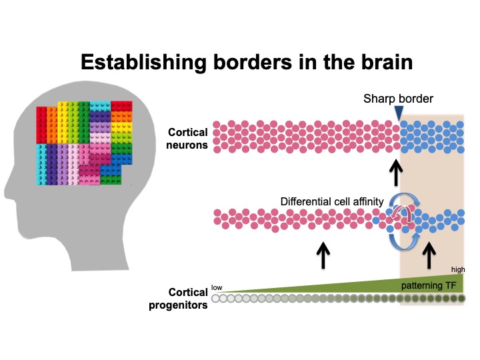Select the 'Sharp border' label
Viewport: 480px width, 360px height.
(x=398, y=99)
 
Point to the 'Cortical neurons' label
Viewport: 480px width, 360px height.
(x=188, y=137)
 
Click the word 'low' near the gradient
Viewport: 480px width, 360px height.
(x=217, y=287)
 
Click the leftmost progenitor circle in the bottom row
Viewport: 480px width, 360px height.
(x=215, y=299)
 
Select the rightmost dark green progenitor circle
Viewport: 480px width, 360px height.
(x=461, y=299)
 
